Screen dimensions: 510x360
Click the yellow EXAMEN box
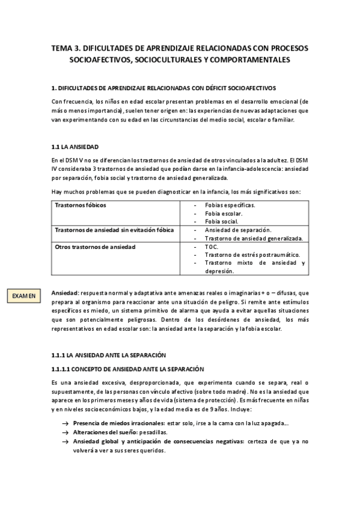(24, 295)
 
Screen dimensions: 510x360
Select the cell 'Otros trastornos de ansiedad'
(95, 247)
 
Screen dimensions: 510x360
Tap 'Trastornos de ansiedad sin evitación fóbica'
(113, 230)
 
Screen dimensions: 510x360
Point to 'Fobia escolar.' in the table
(224, 214)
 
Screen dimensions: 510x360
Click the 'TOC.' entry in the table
(211, 247)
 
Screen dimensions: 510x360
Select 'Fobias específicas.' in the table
(230, 205)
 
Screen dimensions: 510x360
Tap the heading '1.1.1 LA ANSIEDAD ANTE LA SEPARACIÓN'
(108, 355)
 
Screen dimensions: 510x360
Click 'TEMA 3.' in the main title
(67, 47)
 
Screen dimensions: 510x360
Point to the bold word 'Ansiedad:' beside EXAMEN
(65, 293)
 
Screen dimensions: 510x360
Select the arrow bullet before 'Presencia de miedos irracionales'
(64, 423)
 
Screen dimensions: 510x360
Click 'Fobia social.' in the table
(222, 221)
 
